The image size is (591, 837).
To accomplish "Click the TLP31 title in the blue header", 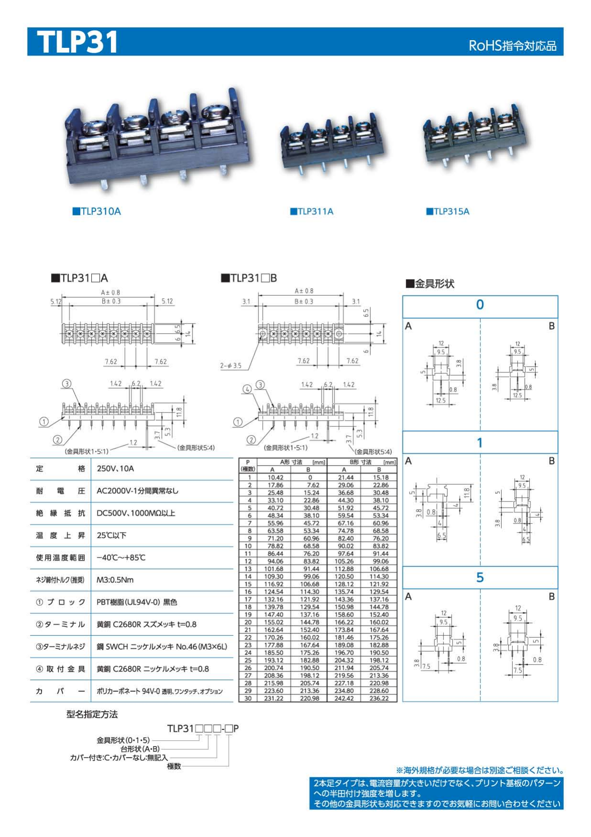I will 77,42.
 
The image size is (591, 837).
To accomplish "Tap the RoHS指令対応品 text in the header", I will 512,46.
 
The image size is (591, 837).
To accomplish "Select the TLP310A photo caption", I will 97,211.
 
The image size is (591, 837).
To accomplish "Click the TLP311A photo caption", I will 312,211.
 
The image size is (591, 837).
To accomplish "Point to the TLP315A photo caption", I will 448,211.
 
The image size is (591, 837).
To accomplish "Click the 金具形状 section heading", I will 430,283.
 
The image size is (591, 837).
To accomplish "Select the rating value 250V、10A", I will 115,468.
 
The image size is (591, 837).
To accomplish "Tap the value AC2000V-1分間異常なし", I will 138,491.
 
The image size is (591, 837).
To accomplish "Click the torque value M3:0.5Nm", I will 115,580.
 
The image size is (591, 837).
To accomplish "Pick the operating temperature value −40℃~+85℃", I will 121,557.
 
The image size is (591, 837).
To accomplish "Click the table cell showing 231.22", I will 273,698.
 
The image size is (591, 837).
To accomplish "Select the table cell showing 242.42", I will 344,698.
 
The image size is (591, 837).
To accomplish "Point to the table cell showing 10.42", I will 275,477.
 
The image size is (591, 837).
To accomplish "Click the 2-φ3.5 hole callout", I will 231,366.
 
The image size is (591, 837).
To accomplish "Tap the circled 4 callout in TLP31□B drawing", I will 247,389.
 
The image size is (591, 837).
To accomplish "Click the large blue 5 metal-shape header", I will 480,577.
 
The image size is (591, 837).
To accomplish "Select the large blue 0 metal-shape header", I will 480,304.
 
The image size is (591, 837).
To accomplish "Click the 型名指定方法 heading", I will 92,714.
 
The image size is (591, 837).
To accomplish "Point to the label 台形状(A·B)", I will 140,749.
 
